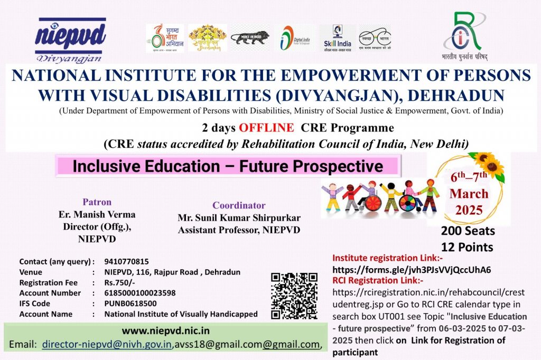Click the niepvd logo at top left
click(70, 39)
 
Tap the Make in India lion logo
click(250, 38)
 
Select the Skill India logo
click(337, 38)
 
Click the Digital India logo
click(295, 38)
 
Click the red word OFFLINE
click(266, 128)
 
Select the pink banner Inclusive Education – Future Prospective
click(228, 166)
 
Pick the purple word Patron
click(97, 202)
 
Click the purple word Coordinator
click(239, 205)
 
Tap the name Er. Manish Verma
click(97, 215)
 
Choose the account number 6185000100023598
click(140, 293)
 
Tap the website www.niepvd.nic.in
click(165, 331)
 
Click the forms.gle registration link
click(411, 270)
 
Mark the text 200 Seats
click(468, 231)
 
